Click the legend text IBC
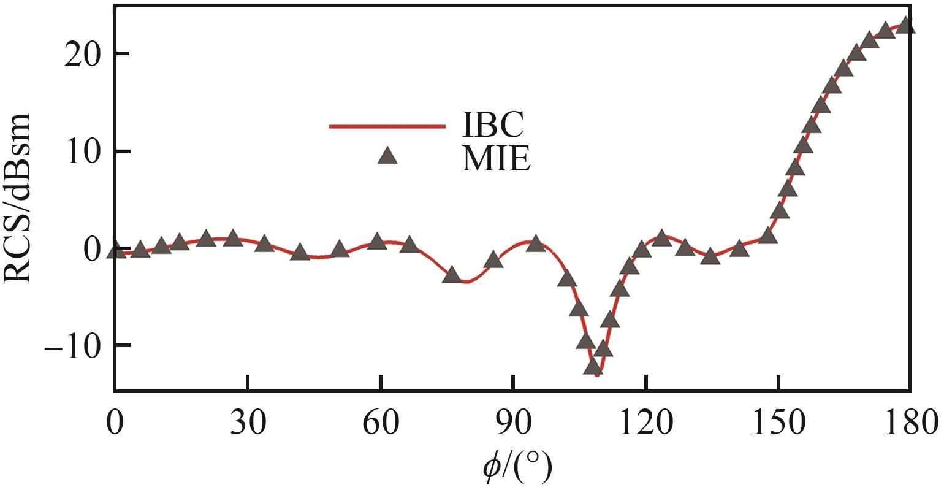[x=492, y=126]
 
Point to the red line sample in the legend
[x=387, y=126]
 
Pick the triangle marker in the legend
[x=387, y=156]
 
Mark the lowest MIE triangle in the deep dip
[x=593, y=367]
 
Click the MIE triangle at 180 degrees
[x=906, y=26]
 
